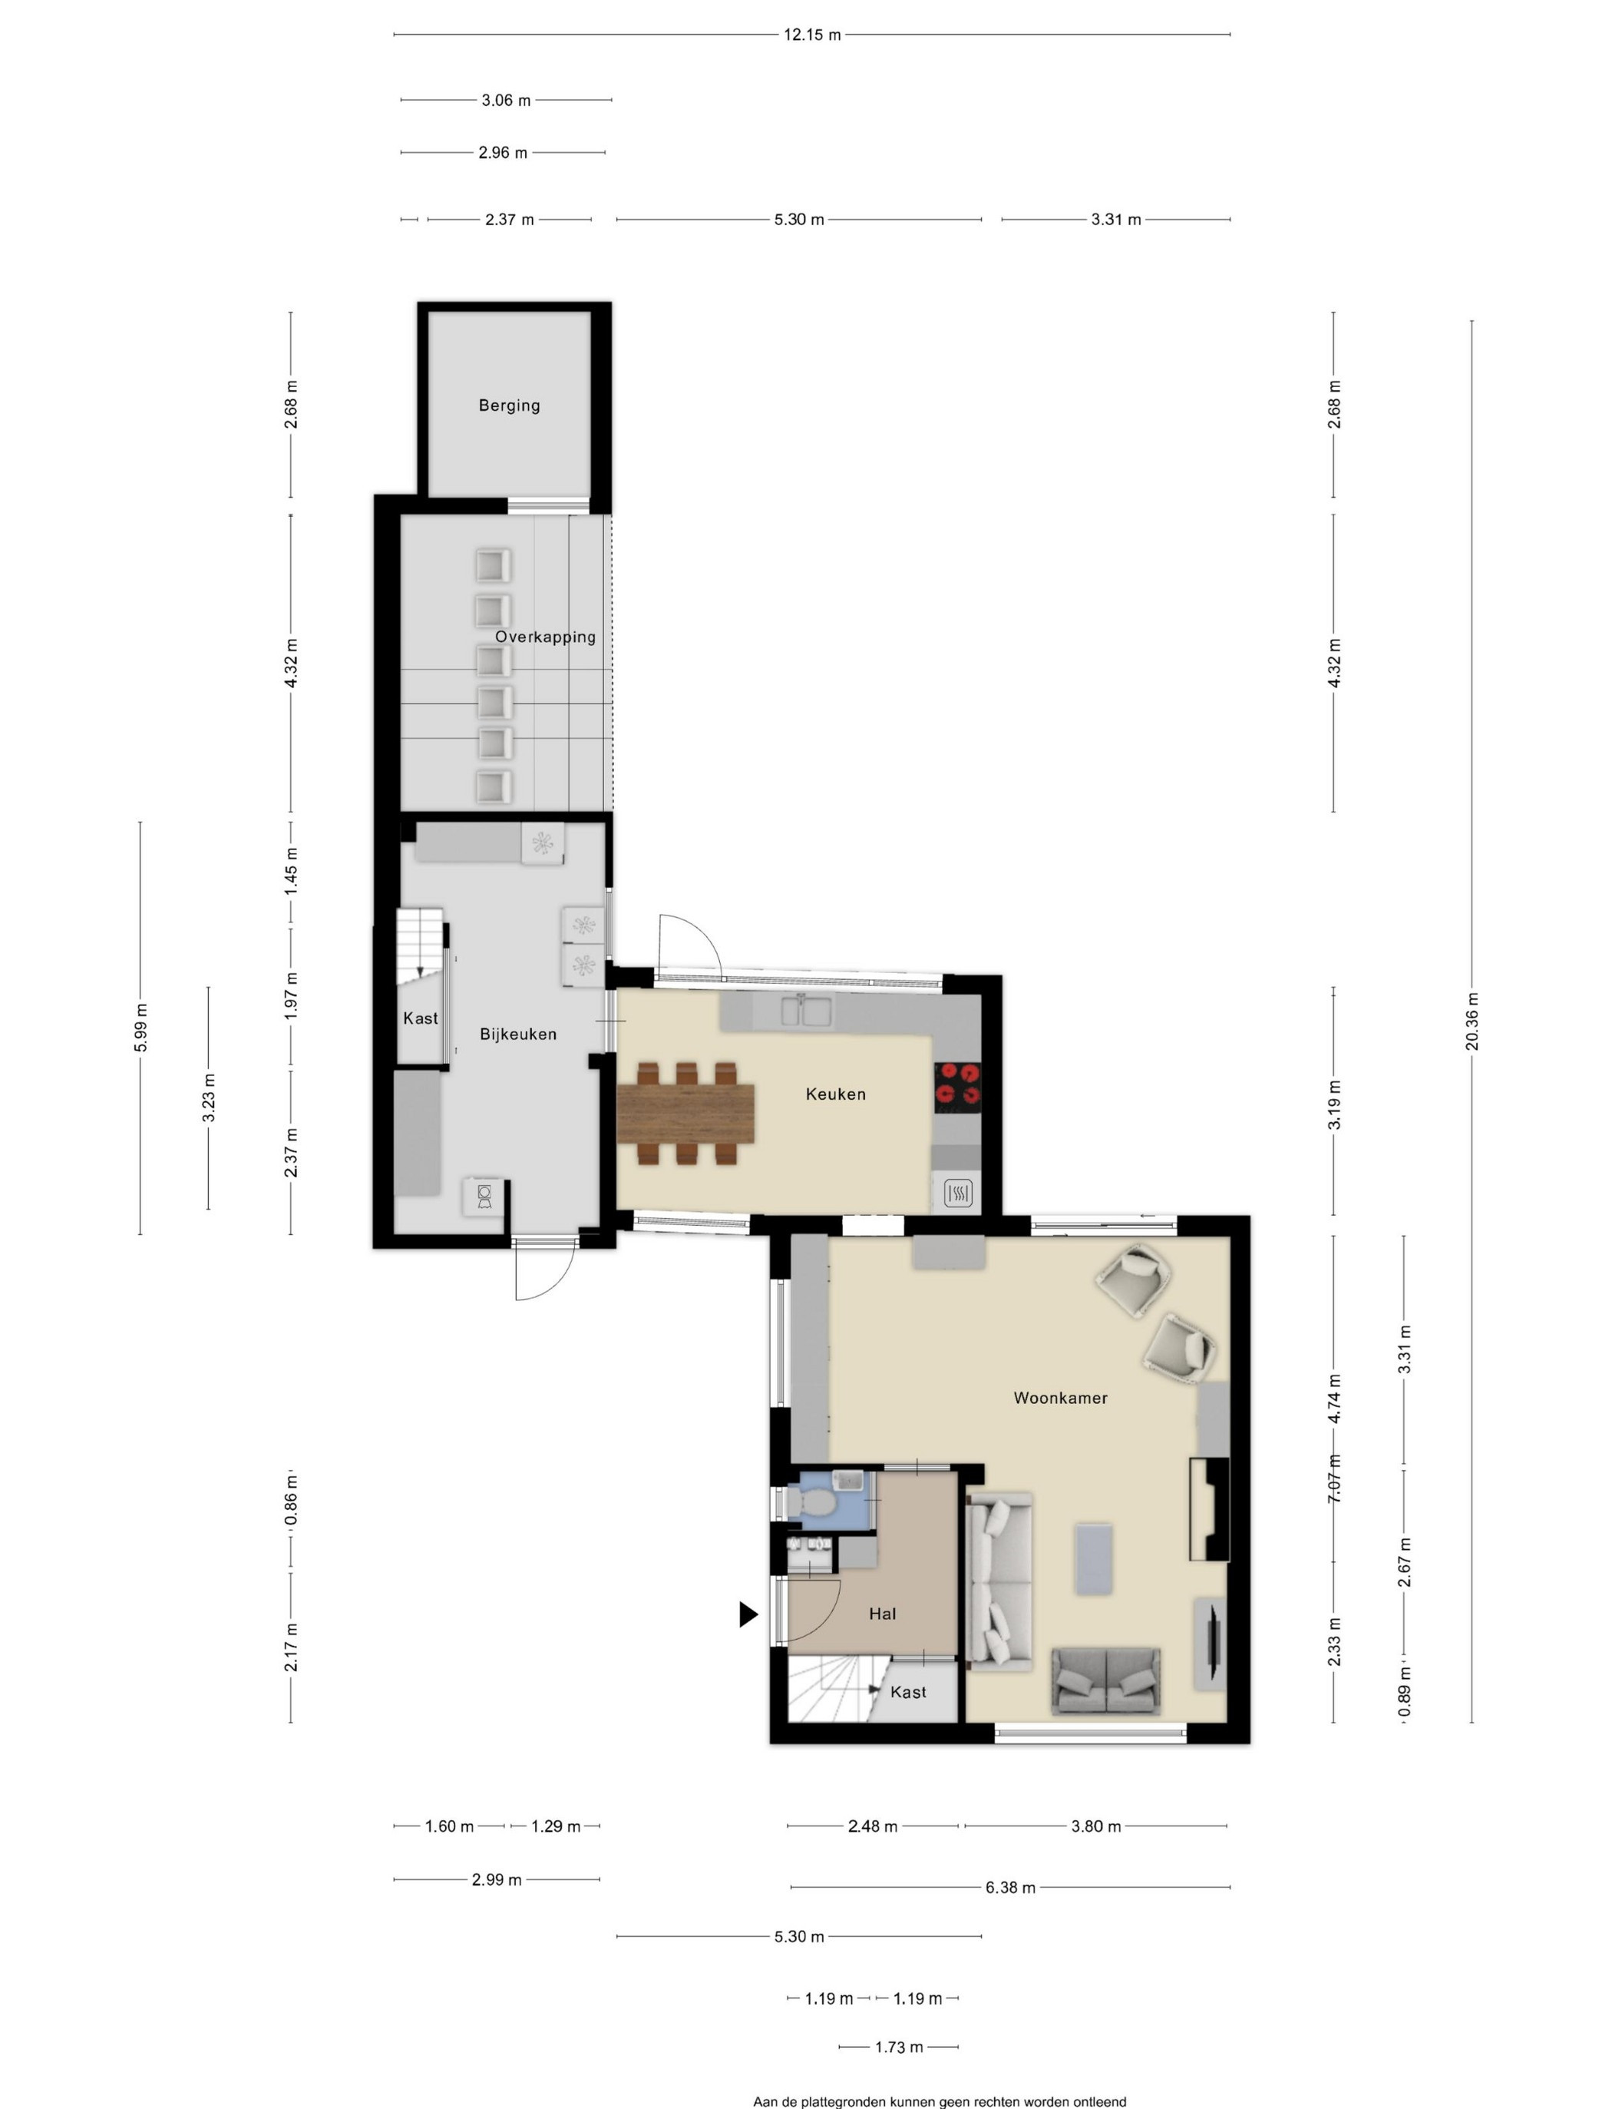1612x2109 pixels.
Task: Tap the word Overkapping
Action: (545, 637)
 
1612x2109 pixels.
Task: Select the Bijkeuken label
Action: (518, 1034)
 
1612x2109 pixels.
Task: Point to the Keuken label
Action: (835, 1094)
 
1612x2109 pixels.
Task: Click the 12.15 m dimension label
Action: (812, 35)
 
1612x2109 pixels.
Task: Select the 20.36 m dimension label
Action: (1472, 1021)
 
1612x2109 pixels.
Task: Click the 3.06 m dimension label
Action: (506, 100)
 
